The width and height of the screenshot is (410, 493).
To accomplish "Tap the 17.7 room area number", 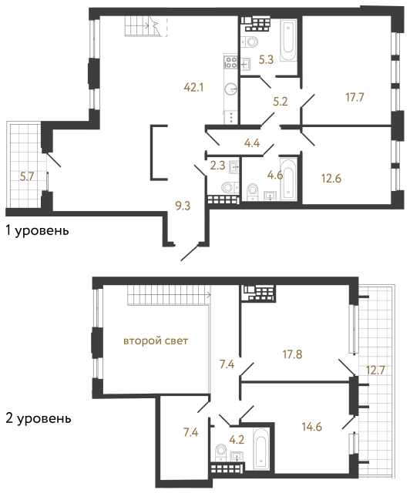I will [355, 97].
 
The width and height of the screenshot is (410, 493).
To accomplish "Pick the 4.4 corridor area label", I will [252, 141].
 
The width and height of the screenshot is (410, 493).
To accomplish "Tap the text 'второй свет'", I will [156, 340].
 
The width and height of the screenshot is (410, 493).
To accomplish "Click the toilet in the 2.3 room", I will [227, 187].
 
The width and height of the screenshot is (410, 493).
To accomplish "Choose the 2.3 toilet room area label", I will [217, 163].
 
